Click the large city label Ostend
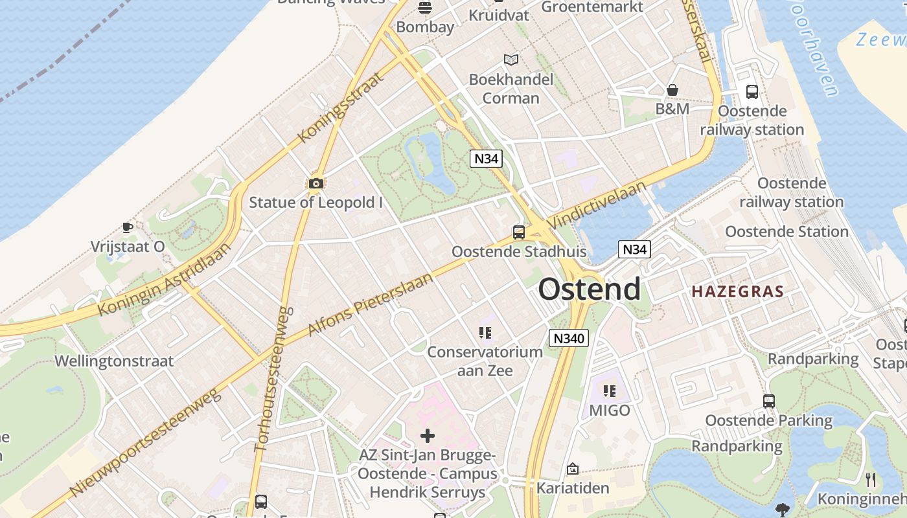tap(590, 289)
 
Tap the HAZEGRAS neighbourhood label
tap(737, 291)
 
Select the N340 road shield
tap(568, 337)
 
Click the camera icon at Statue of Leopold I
tap(316, 183)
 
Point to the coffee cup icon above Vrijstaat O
tap(128, 227)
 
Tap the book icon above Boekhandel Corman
tap(511, 60)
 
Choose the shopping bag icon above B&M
tap(672, 90)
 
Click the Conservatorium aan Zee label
tap(485, 361)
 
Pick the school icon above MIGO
tap(609, 390)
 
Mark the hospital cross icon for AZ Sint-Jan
tap(428, 436)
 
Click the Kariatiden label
tap(573, 488)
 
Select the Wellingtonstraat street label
tap(114, 361)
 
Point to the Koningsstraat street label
tap(340, 107)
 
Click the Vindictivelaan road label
tap(596, 205)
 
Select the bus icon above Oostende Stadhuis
tap(518, 232)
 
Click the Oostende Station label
tap(786, 231)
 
